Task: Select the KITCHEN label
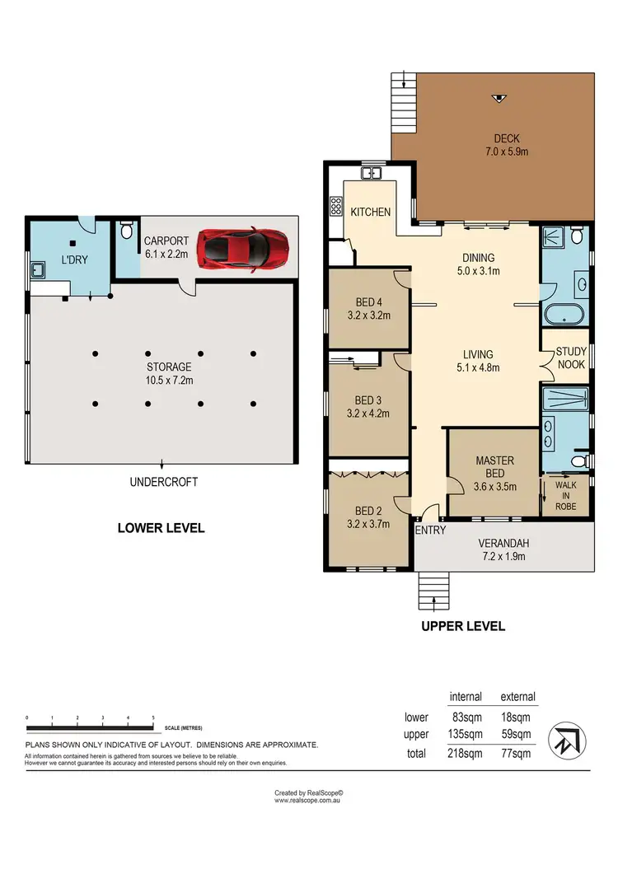371,212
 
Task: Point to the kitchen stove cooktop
336,206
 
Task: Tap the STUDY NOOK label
570,357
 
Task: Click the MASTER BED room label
494,474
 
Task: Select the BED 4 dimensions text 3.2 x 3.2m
368,315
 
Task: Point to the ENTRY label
430,530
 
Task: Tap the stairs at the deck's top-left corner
402,98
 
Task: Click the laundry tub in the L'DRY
38,269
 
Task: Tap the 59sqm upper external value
517,734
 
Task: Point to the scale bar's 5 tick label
153,718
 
